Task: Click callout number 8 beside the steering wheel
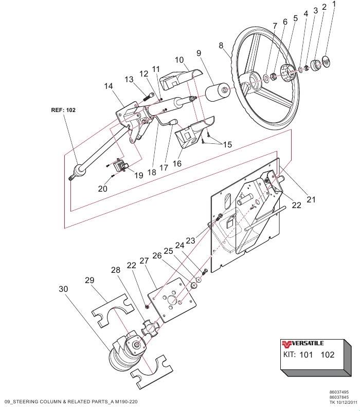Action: pos(222,46)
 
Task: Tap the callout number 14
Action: pos(108,87)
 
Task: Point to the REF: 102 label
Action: pos(63,109)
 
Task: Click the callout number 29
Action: pos(90,280)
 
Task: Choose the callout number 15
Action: pos(227,145)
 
